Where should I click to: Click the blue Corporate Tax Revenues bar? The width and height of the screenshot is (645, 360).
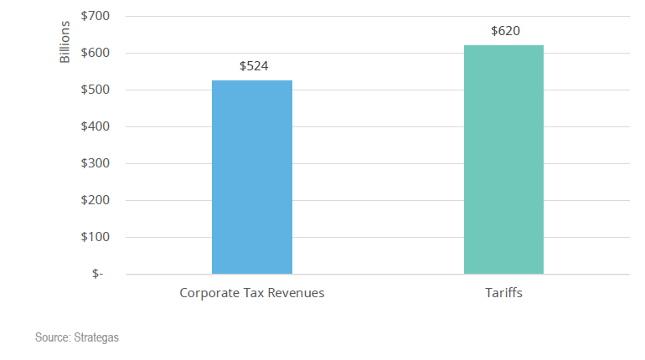point(251,177)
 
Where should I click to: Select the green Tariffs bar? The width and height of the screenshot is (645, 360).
point(503,159)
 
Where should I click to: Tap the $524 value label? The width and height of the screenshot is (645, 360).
point(252,66)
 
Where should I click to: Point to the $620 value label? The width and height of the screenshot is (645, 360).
point(504,31)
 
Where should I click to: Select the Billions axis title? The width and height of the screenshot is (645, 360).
point(65,42)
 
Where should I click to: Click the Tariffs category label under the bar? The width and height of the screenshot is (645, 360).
point(503,293)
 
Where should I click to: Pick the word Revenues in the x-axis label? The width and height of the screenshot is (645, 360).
point(297,293)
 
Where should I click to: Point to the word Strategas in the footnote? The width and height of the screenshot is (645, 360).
point(102,337)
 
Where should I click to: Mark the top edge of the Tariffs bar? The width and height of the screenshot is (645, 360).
point(503,45)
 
